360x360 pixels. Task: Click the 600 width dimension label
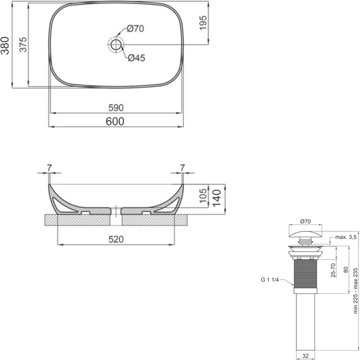[115, 121]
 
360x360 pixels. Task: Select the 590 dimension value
[116, 107]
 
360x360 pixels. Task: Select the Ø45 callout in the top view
[136, 58]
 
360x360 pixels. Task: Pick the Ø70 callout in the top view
[136, 28]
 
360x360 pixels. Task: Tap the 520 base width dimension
[116, 239]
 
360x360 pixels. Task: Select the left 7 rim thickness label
[49, 168]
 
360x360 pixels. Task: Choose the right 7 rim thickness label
[183, 168]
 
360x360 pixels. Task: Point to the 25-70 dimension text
[333, 269]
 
